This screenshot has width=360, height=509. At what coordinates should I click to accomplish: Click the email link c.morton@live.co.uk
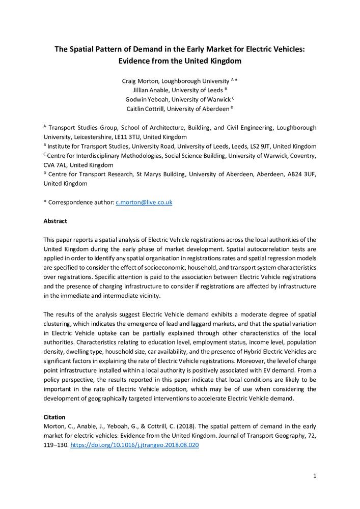tap(144, 202)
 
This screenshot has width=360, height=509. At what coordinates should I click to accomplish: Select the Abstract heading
tap(55, 221)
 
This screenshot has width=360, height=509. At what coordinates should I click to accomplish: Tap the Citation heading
tap(54, 417)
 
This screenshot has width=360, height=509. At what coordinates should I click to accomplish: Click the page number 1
tap(315, 476)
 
